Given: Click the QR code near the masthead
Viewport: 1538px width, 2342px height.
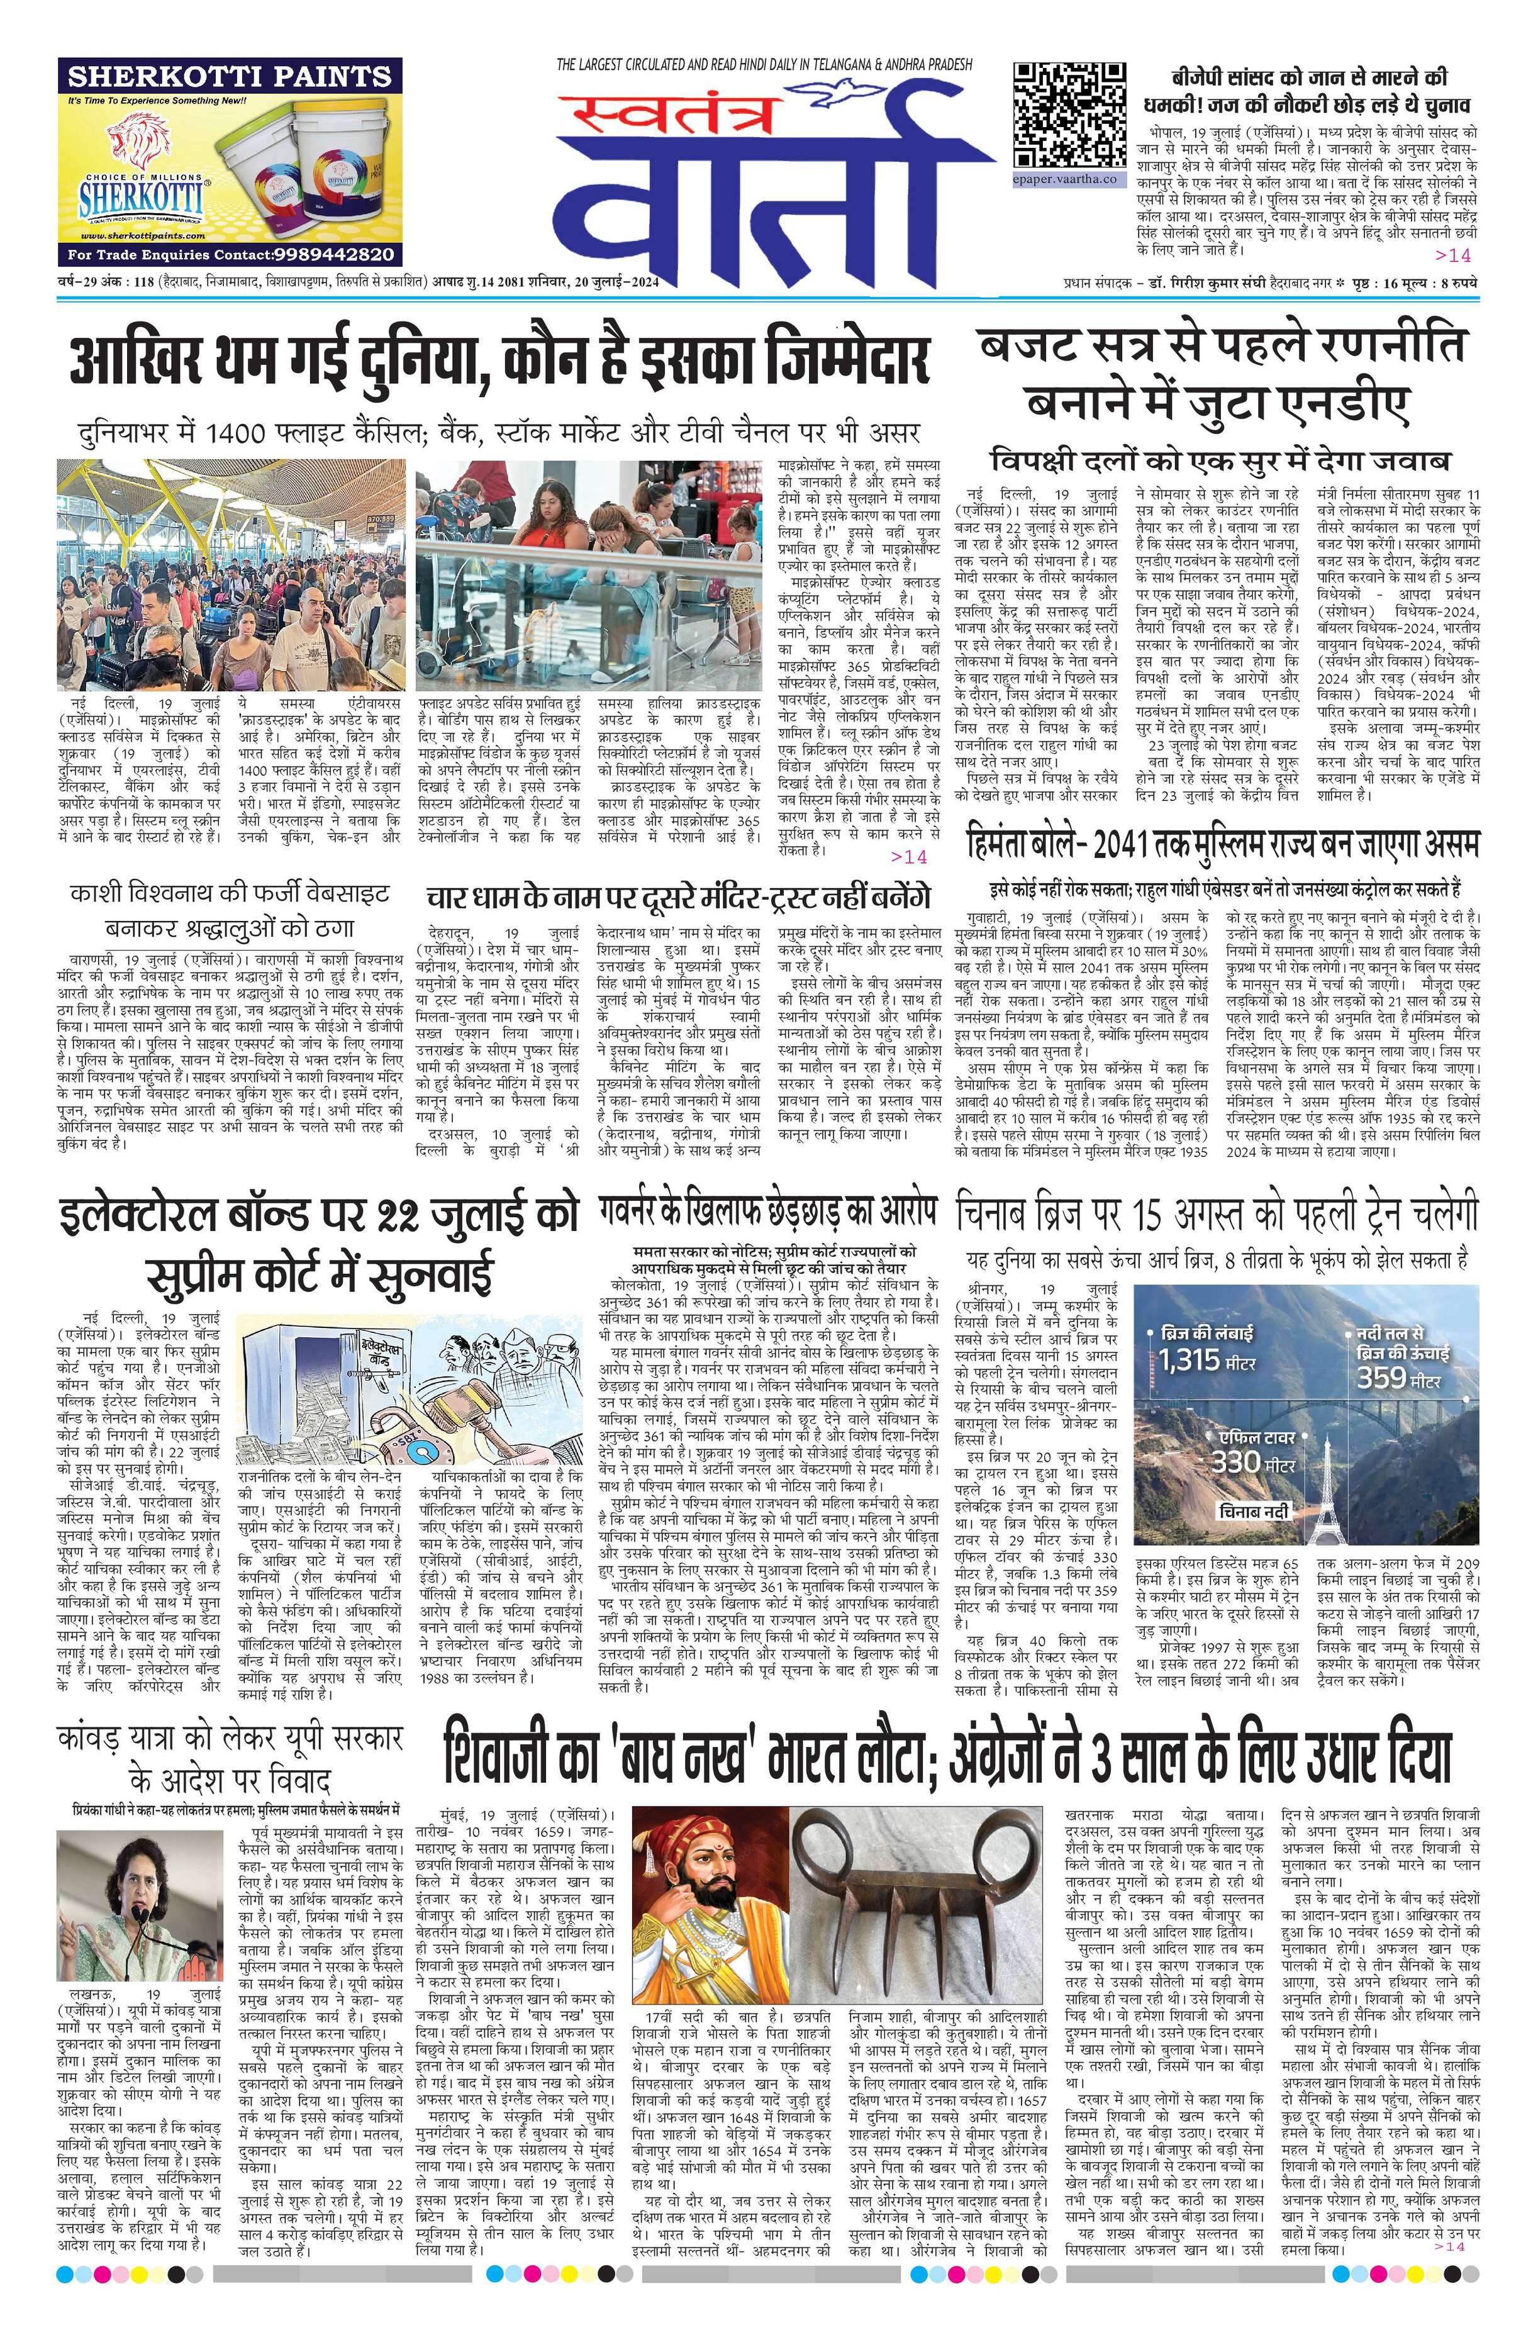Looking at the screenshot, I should (x=1069, y=113).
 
